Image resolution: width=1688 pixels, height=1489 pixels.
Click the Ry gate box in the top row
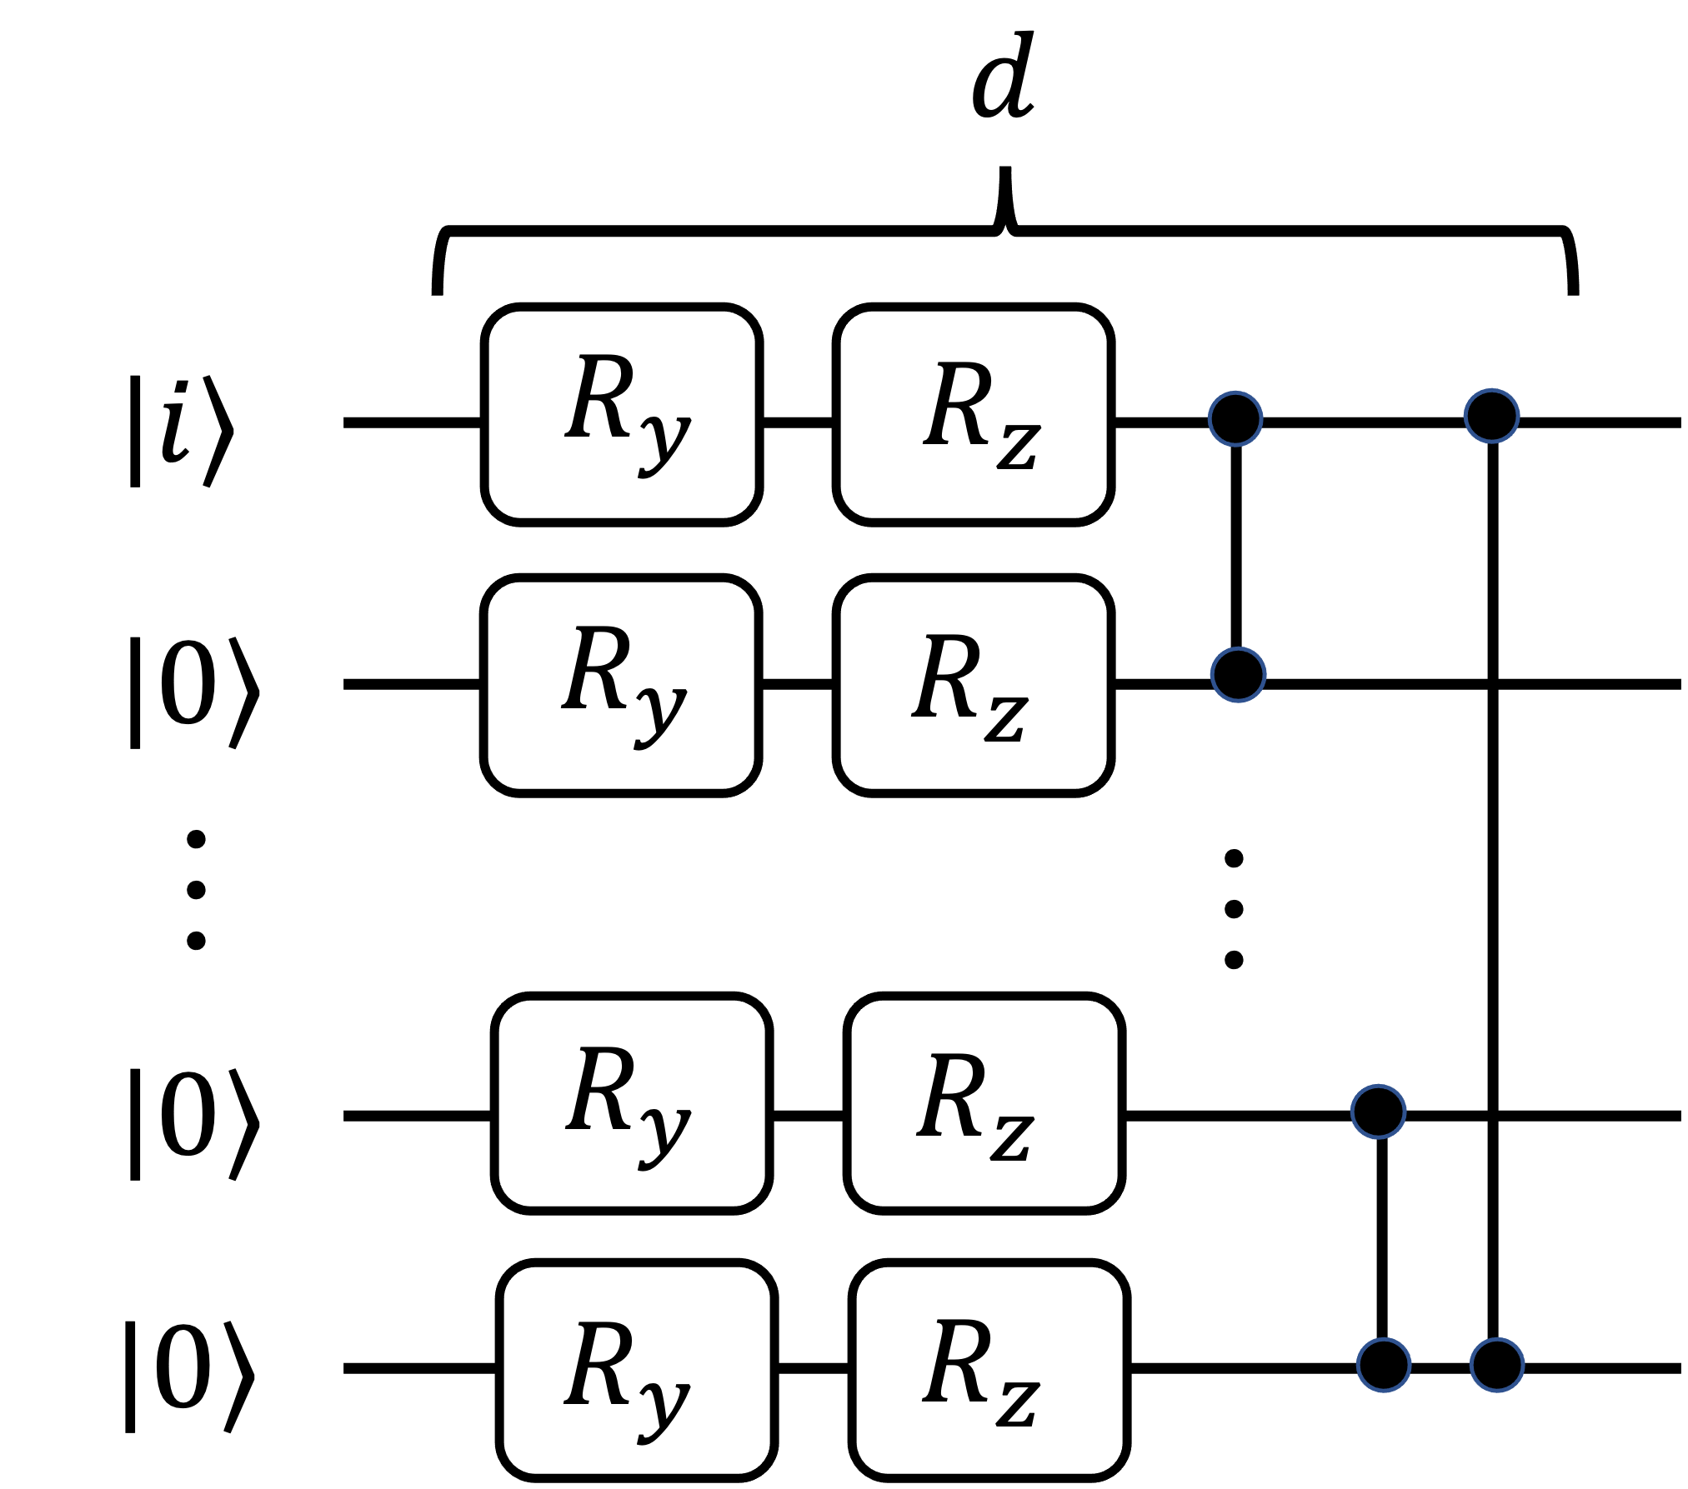[x=622, y=414]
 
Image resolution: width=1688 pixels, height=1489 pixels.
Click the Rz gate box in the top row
[x=974, y=414]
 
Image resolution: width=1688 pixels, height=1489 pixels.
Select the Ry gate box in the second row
[x=621, y=685]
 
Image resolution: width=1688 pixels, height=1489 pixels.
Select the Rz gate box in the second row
[x=974, y=685]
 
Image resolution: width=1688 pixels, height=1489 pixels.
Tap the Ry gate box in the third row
[x=632, y=1103]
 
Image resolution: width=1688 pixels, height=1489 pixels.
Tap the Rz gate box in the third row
[x=984, y=1103]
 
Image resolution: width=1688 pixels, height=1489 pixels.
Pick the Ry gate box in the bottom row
[x=637, y=1371]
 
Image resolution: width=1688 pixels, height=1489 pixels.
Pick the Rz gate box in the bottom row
[x=989, y=1371]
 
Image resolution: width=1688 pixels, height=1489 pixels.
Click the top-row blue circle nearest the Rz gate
[x=1235, y=418]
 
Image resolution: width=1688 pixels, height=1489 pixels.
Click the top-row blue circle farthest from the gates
[x=1492, y=416]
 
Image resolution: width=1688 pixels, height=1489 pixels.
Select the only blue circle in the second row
[x=1239, y=674]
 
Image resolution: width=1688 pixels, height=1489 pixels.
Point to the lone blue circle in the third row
[x=1379, y=1112]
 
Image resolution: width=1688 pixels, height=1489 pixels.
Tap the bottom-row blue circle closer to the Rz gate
[x=1384, y=1365]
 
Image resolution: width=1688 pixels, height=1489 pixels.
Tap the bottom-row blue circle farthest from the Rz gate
[x=1497, y=1365]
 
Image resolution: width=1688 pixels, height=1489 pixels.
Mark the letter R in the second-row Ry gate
[x=595, y=667]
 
